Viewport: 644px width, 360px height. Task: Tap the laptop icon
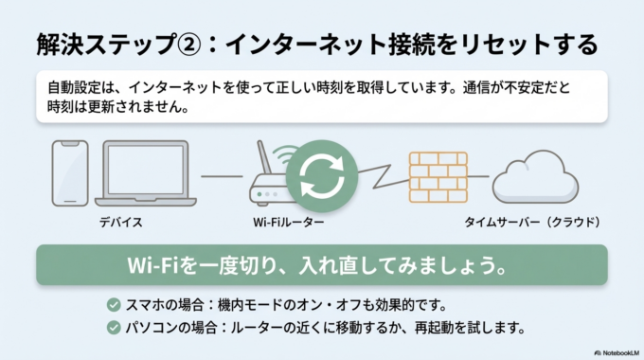[147, 175]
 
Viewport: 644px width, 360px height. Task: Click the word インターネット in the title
[301, 44]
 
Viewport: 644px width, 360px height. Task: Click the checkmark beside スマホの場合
[114, 305]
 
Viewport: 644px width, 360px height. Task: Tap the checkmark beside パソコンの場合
[114, 328]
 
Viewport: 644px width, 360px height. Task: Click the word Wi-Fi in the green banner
[150, 264]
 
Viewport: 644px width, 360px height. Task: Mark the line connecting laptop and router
[222, 176]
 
